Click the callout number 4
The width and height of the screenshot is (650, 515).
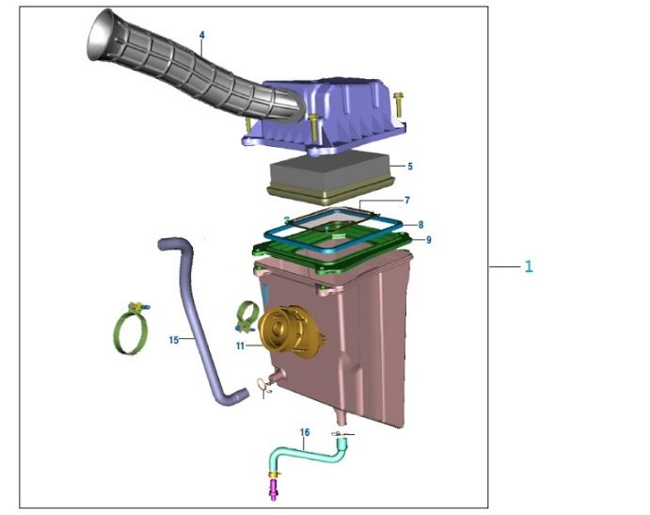pos(202,35)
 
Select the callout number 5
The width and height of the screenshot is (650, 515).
pos(410,167)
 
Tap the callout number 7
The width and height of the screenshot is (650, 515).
pos(407,201)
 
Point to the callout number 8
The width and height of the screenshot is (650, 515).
pos(420,224)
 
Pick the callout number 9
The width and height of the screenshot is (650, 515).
pos(428,240)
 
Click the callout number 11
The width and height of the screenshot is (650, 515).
pos(241,346)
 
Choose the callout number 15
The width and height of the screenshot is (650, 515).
pos(174,340)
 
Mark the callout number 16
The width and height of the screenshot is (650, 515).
pos(305,432)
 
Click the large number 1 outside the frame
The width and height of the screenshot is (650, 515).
pos(529,266)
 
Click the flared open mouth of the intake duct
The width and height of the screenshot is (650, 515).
pos(100,34)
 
